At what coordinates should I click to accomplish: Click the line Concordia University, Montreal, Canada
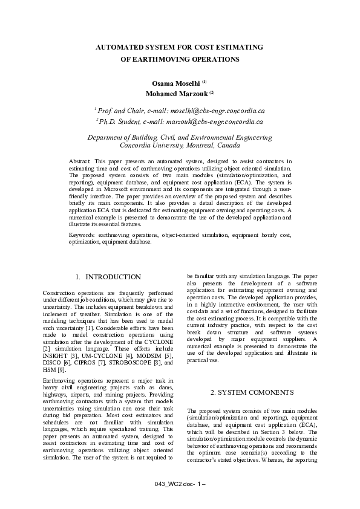pos(180,146)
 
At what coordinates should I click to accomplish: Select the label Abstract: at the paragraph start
pos(79,161)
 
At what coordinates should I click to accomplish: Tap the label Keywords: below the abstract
pos(82,234)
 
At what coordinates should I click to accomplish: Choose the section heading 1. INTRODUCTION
pos(108,277)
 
